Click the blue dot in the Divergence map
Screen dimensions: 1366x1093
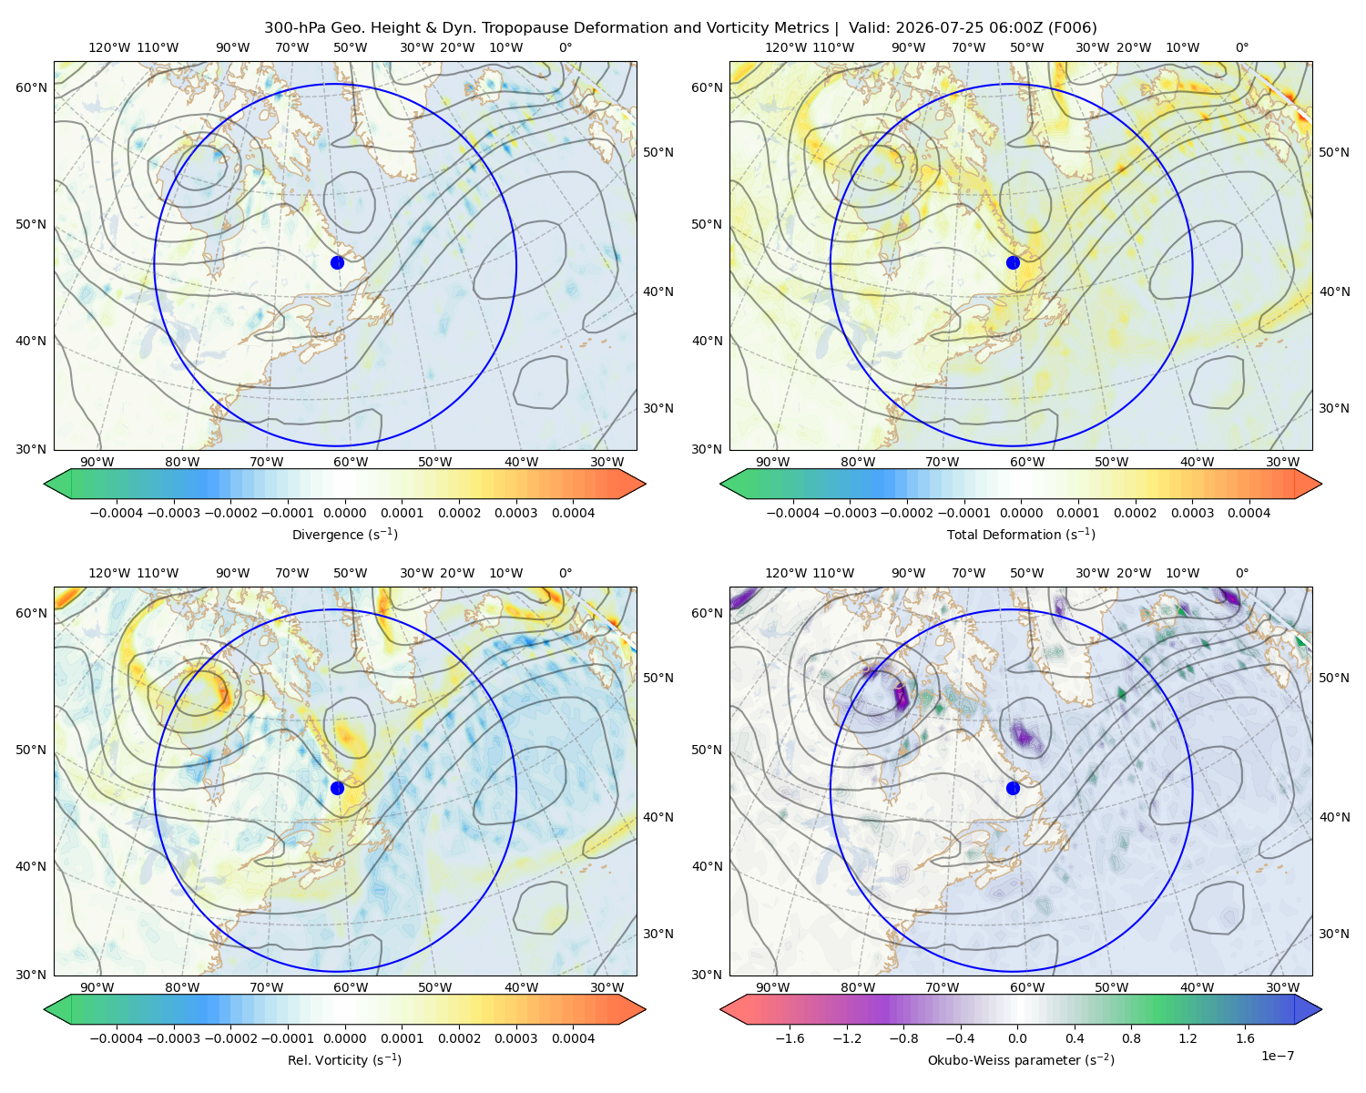tap(337, 262)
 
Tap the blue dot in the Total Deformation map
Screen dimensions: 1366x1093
tap(1013, 262)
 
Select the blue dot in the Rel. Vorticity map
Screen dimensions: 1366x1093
tap(337, 788)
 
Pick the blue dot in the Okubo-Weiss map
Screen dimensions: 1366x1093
tap(1013, 788)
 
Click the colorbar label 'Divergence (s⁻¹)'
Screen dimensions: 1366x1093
tap(344, 534)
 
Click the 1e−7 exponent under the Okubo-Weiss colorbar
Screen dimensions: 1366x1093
tap(1277, 1056)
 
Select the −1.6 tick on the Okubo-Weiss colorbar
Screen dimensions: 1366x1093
tap(790, 1037)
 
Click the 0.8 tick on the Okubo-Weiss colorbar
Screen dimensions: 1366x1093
tap(1131, 1037)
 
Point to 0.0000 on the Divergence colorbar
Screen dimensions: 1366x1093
tap(344, 513)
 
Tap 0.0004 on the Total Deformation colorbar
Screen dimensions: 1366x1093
tap(1249, 513)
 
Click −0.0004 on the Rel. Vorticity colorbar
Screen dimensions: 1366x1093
tap(117, 1037)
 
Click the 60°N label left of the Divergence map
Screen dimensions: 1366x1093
tap(31, 87)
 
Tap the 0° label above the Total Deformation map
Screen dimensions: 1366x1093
tap(1241, 47)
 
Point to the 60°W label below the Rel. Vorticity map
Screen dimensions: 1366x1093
tap(351, 987)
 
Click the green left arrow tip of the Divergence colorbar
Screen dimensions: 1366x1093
tap(45, 484)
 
